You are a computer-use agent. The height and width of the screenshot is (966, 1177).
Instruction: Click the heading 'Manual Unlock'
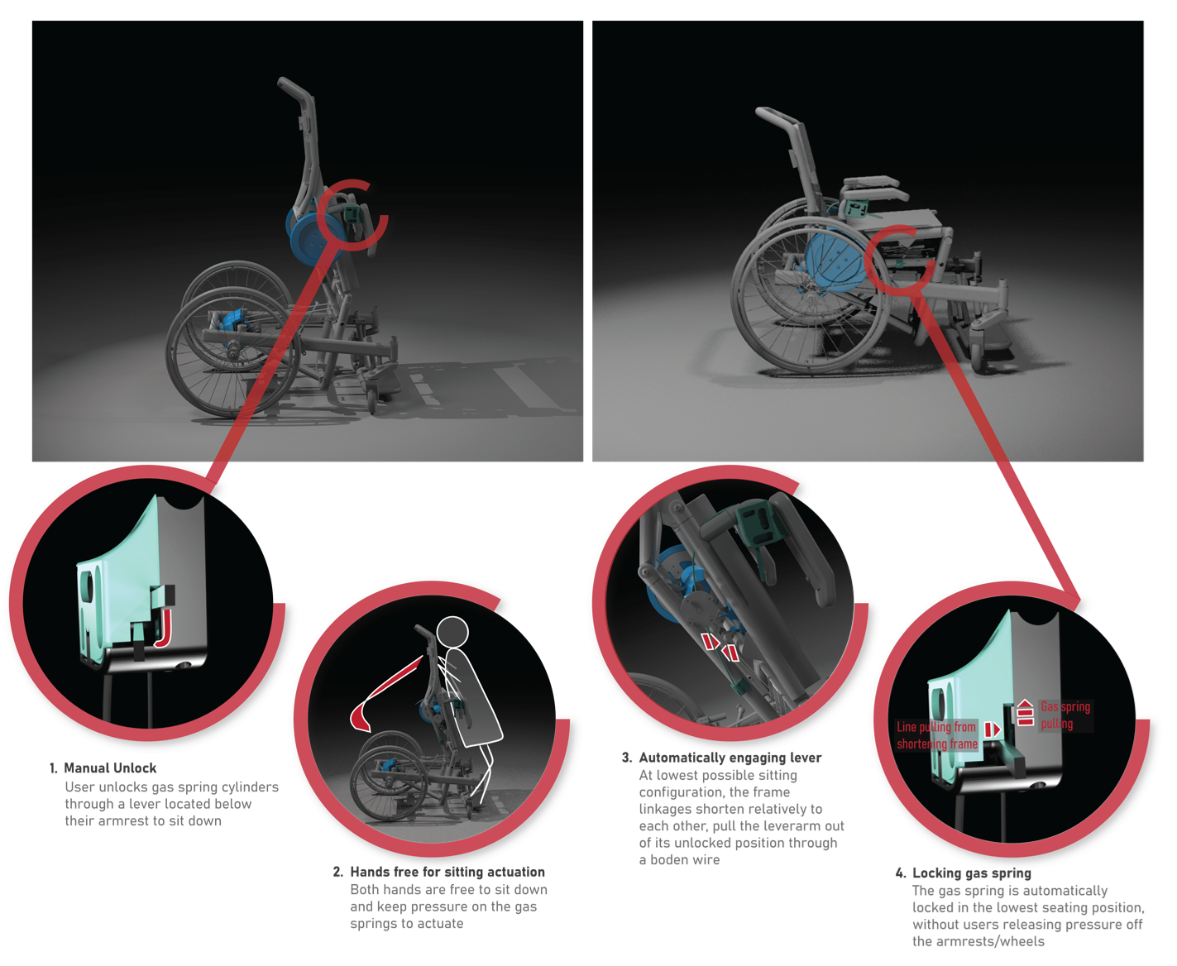point(110,768)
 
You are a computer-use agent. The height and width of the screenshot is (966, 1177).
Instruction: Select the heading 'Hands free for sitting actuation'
point(447,872)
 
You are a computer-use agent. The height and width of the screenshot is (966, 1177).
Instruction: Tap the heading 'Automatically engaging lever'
point(730,758)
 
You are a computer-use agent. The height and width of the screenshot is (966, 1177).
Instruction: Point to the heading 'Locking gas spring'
point(972,873)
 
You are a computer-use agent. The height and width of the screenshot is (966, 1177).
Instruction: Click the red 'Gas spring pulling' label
point(1065,715)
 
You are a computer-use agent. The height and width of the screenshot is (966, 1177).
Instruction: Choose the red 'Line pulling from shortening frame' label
point(936,735)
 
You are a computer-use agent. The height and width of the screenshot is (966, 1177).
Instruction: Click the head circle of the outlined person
point(452,631)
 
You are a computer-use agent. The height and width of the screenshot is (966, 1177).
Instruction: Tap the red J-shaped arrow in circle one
point(164,629)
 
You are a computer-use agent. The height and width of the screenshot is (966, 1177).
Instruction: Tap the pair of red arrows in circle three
point(720,646)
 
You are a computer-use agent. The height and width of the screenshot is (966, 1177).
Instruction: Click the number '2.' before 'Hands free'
point(337,872)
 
